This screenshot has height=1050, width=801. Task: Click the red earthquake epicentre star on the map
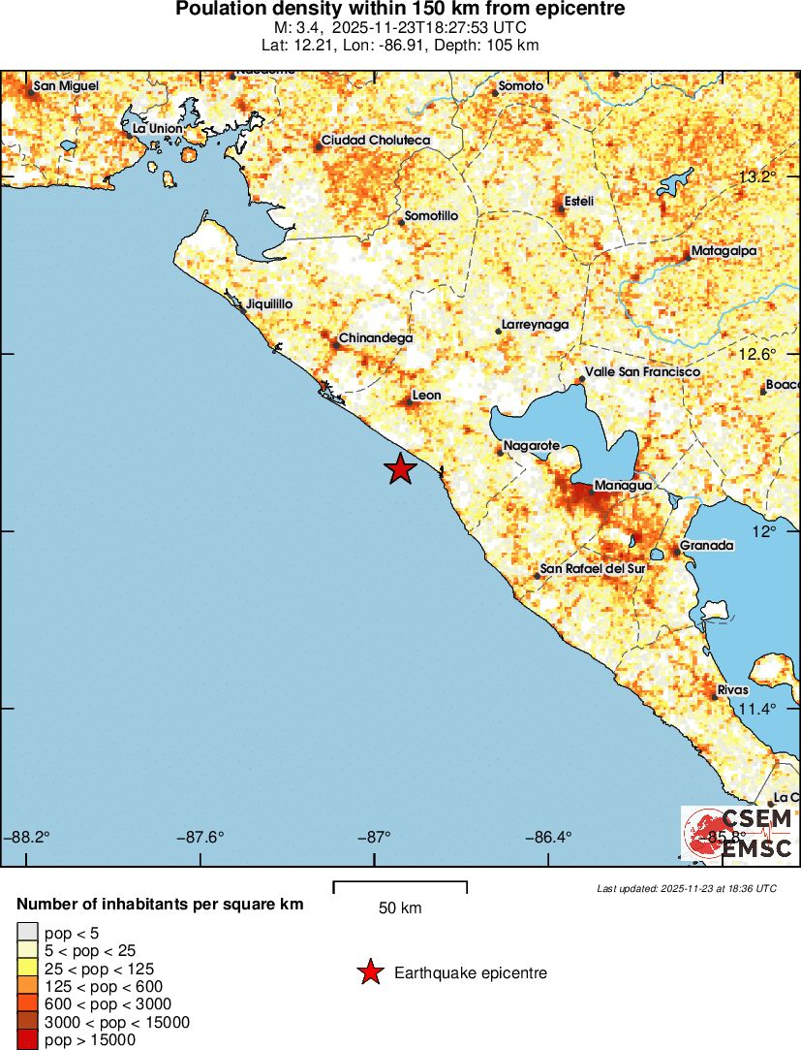click(400, 469)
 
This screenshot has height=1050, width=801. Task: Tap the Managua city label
click(621, 485)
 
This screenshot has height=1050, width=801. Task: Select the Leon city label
click(427, 396)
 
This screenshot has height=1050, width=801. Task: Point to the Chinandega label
click(376, 338)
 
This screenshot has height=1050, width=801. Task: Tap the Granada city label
click(707, 546)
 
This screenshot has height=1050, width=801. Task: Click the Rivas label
click(733, 690)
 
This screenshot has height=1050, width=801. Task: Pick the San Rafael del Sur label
click(590, 569)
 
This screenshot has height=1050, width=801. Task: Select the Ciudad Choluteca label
click(376, 141)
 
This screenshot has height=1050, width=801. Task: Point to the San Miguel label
click(66, 86)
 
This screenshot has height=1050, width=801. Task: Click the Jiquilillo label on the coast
click(270, 304)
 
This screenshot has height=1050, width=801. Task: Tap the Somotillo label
click(431, 215)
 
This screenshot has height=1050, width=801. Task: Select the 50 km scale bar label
click(400, 908)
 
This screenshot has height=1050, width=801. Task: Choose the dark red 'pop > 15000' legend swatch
click(27, 1040)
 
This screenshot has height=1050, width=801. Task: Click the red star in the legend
click(369, 972)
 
